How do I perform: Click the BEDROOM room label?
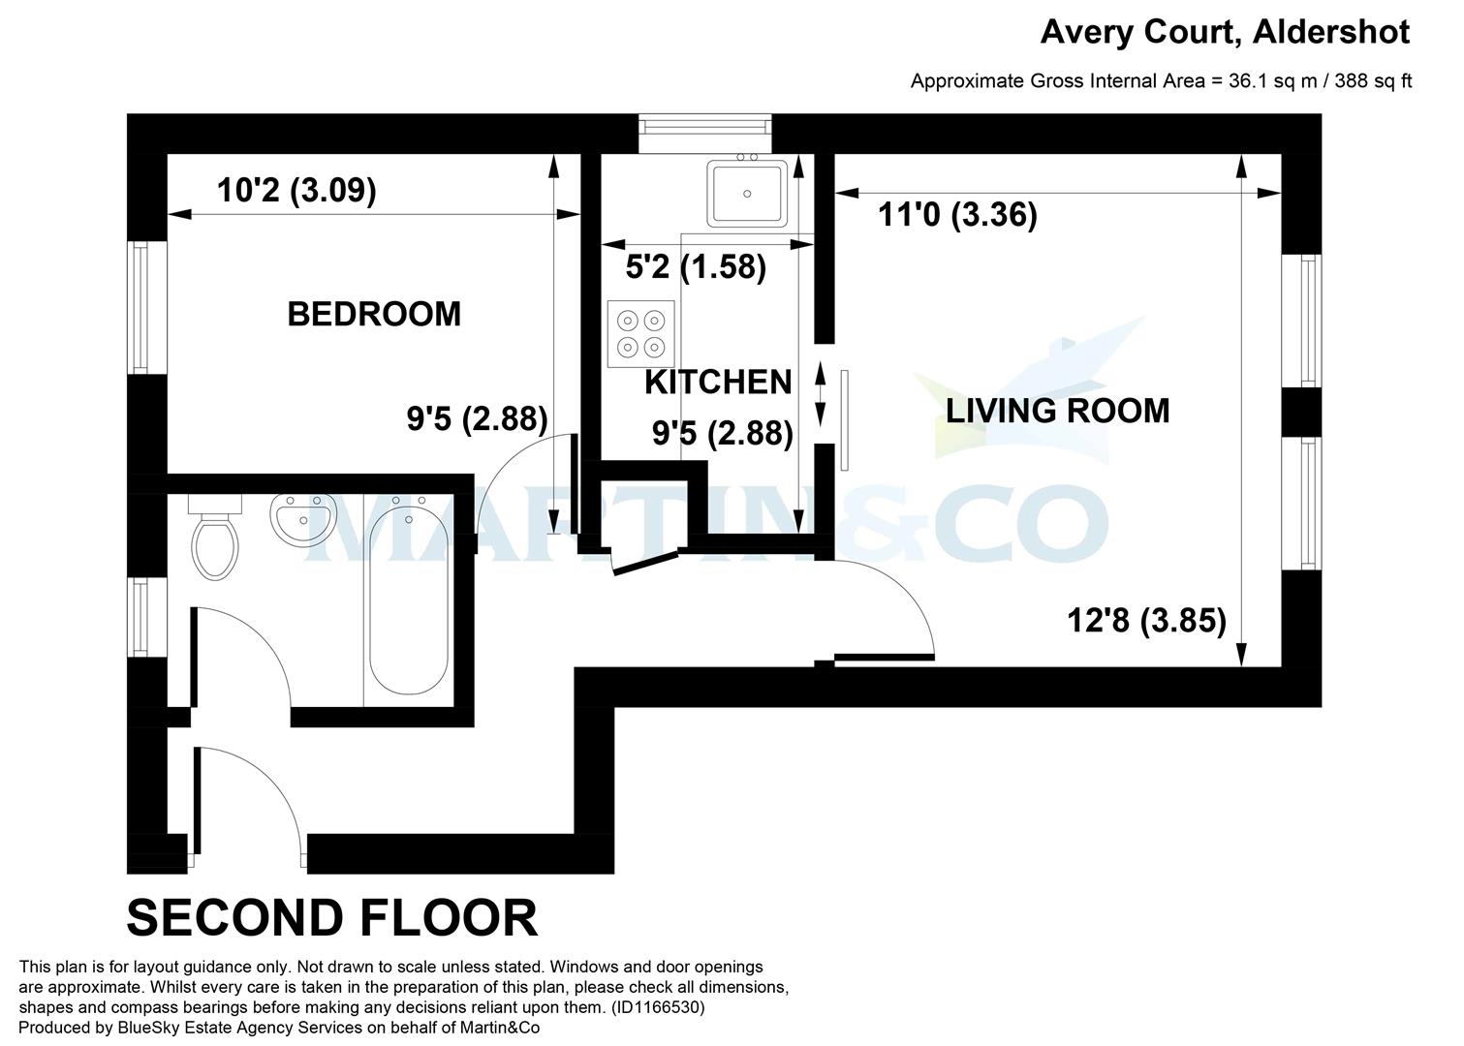(x=374, y=314)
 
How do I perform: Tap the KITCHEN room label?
(x=718, y=383)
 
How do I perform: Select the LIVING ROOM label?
(x=1057, y=411)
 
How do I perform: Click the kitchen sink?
(x=747, y=194)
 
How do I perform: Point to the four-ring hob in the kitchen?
(x=640, y=333)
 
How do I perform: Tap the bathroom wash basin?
(x=303, y=519)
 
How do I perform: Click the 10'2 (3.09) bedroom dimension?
(x=296, y=191)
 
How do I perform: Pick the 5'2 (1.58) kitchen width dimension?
(x=696, y=266)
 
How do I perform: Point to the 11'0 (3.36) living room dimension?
(x=957, y=214)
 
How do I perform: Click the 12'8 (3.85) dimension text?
(x=1146, y=620)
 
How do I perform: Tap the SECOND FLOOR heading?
(x=331, y=918)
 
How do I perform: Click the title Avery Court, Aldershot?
(x=1225, y=32)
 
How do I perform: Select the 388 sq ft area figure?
(x=1373, y=81)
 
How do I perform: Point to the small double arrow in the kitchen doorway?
(x=822, y=395)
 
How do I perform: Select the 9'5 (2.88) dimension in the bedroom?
(x=477, y=419)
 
